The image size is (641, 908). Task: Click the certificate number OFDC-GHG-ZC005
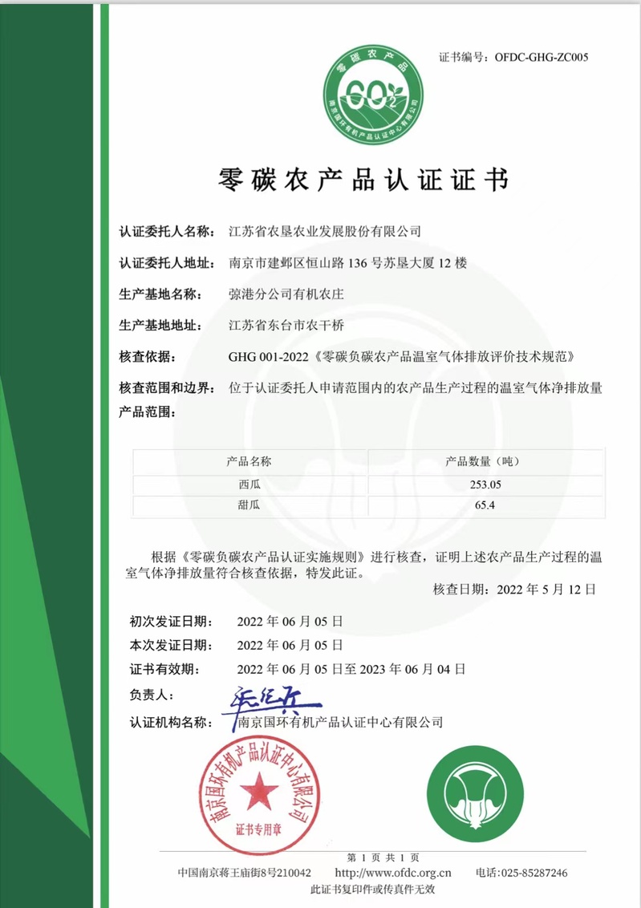tap(542, 57)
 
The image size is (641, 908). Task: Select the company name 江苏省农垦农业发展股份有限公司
tap(324, 232)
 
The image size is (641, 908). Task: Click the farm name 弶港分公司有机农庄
tap(286, 294)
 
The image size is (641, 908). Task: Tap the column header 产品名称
tap(250, 461)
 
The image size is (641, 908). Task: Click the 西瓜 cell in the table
tap(250, 484)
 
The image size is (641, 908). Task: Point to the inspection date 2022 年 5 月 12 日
tap(546, 590)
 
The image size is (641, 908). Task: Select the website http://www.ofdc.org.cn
tap(392, 873)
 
